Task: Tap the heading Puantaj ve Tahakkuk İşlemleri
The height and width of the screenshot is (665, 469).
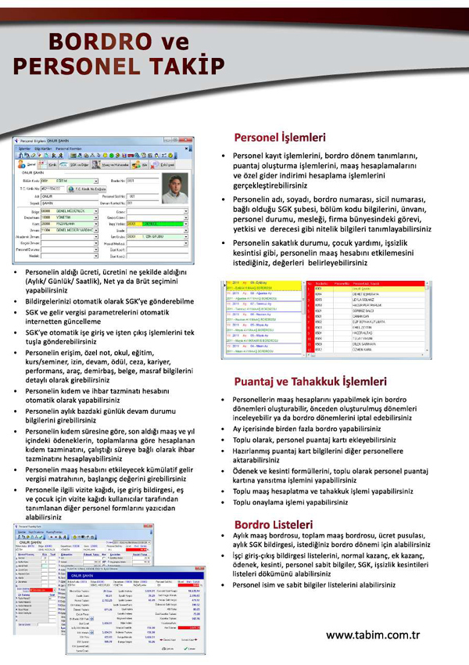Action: [x=310, y=382]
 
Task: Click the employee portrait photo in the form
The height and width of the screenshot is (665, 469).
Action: [x=177, y=189]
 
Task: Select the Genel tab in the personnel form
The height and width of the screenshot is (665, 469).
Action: [x=33, y=166]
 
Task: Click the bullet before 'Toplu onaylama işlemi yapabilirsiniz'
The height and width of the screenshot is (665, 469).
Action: [x=224, y=502]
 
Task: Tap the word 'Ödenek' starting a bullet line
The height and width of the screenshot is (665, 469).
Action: [x=245, y=471]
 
